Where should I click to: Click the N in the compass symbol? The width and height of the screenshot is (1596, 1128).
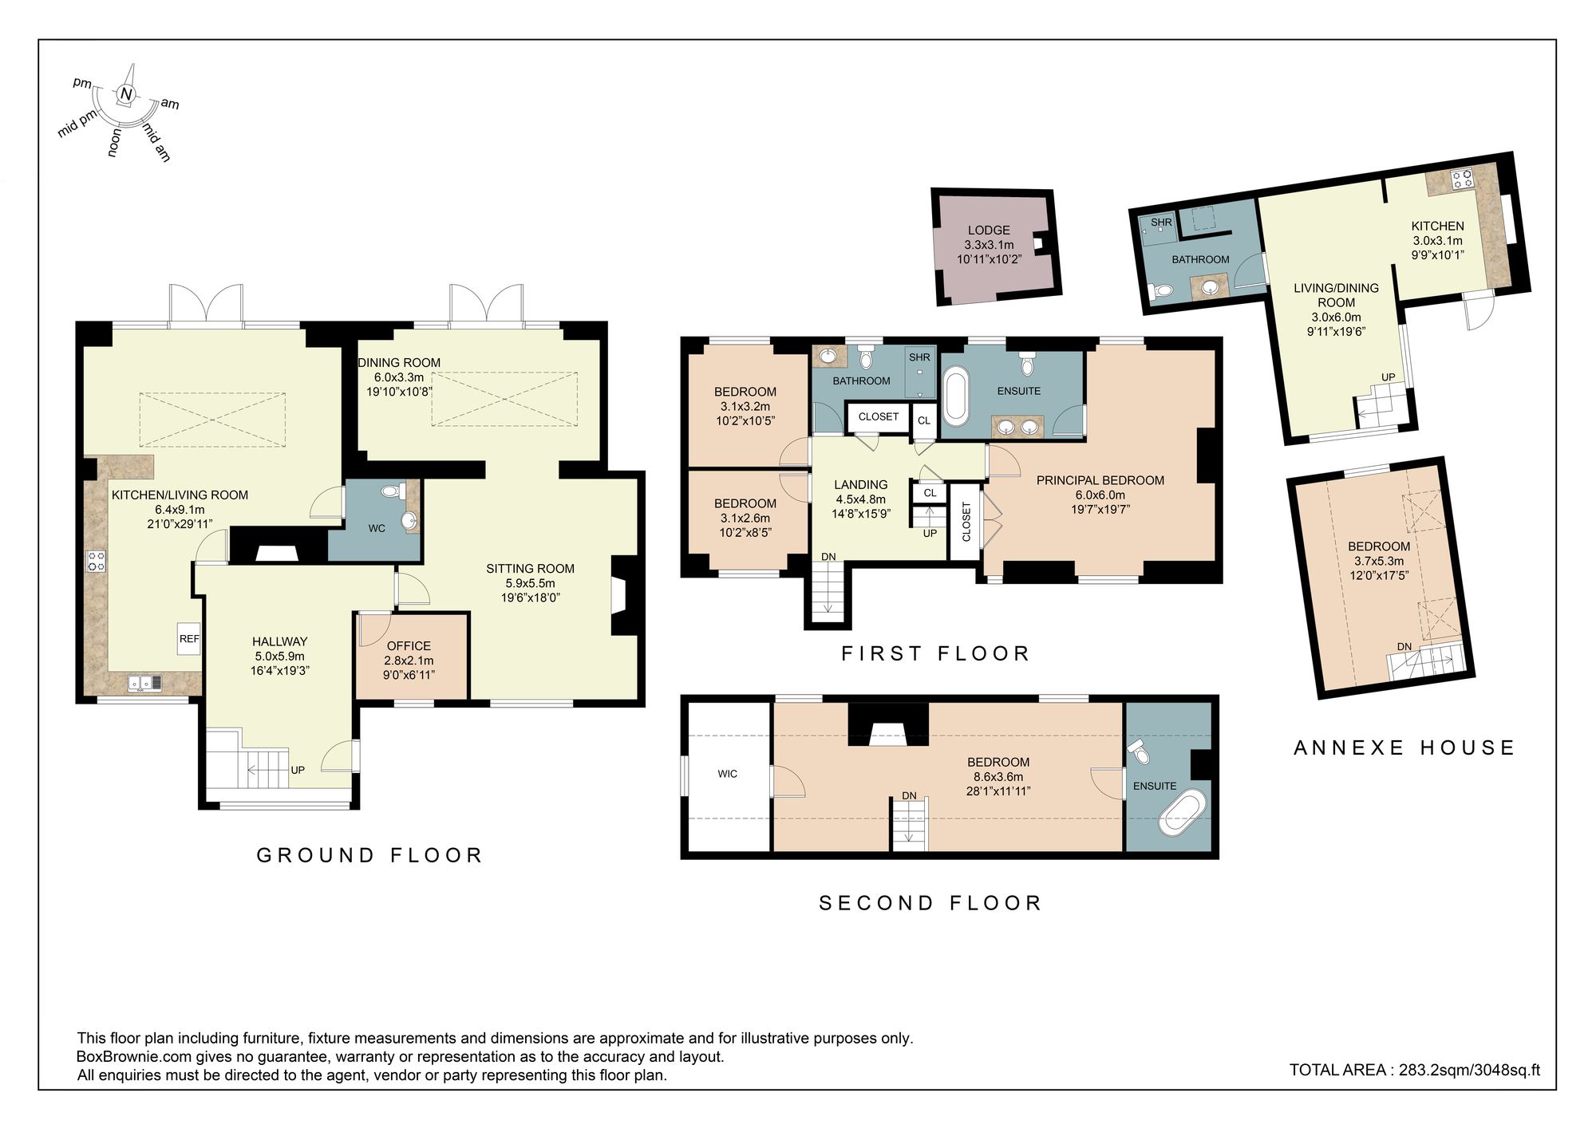coord(125,94)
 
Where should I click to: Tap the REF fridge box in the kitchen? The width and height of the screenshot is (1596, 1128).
coord(189,638)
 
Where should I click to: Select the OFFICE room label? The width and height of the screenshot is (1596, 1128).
coord(409,645)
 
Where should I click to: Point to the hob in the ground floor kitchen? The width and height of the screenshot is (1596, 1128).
coord(96,561)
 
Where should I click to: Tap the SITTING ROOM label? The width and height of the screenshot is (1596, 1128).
coord(530,569)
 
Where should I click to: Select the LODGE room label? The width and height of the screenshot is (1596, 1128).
coord(989,230)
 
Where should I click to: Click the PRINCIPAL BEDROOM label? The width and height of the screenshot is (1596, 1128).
coord(1100,480)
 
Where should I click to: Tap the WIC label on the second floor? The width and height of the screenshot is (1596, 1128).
coord(727,774)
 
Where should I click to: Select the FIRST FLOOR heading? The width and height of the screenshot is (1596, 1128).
coord(935,654)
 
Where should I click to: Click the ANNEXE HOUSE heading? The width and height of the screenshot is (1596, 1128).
coord(1404,747)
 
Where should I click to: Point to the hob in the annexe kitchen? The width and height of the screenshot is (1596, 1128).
coord(1462,179)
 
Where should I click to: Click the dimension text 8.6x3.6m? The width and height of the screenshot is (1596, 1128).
coord(997,776)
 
